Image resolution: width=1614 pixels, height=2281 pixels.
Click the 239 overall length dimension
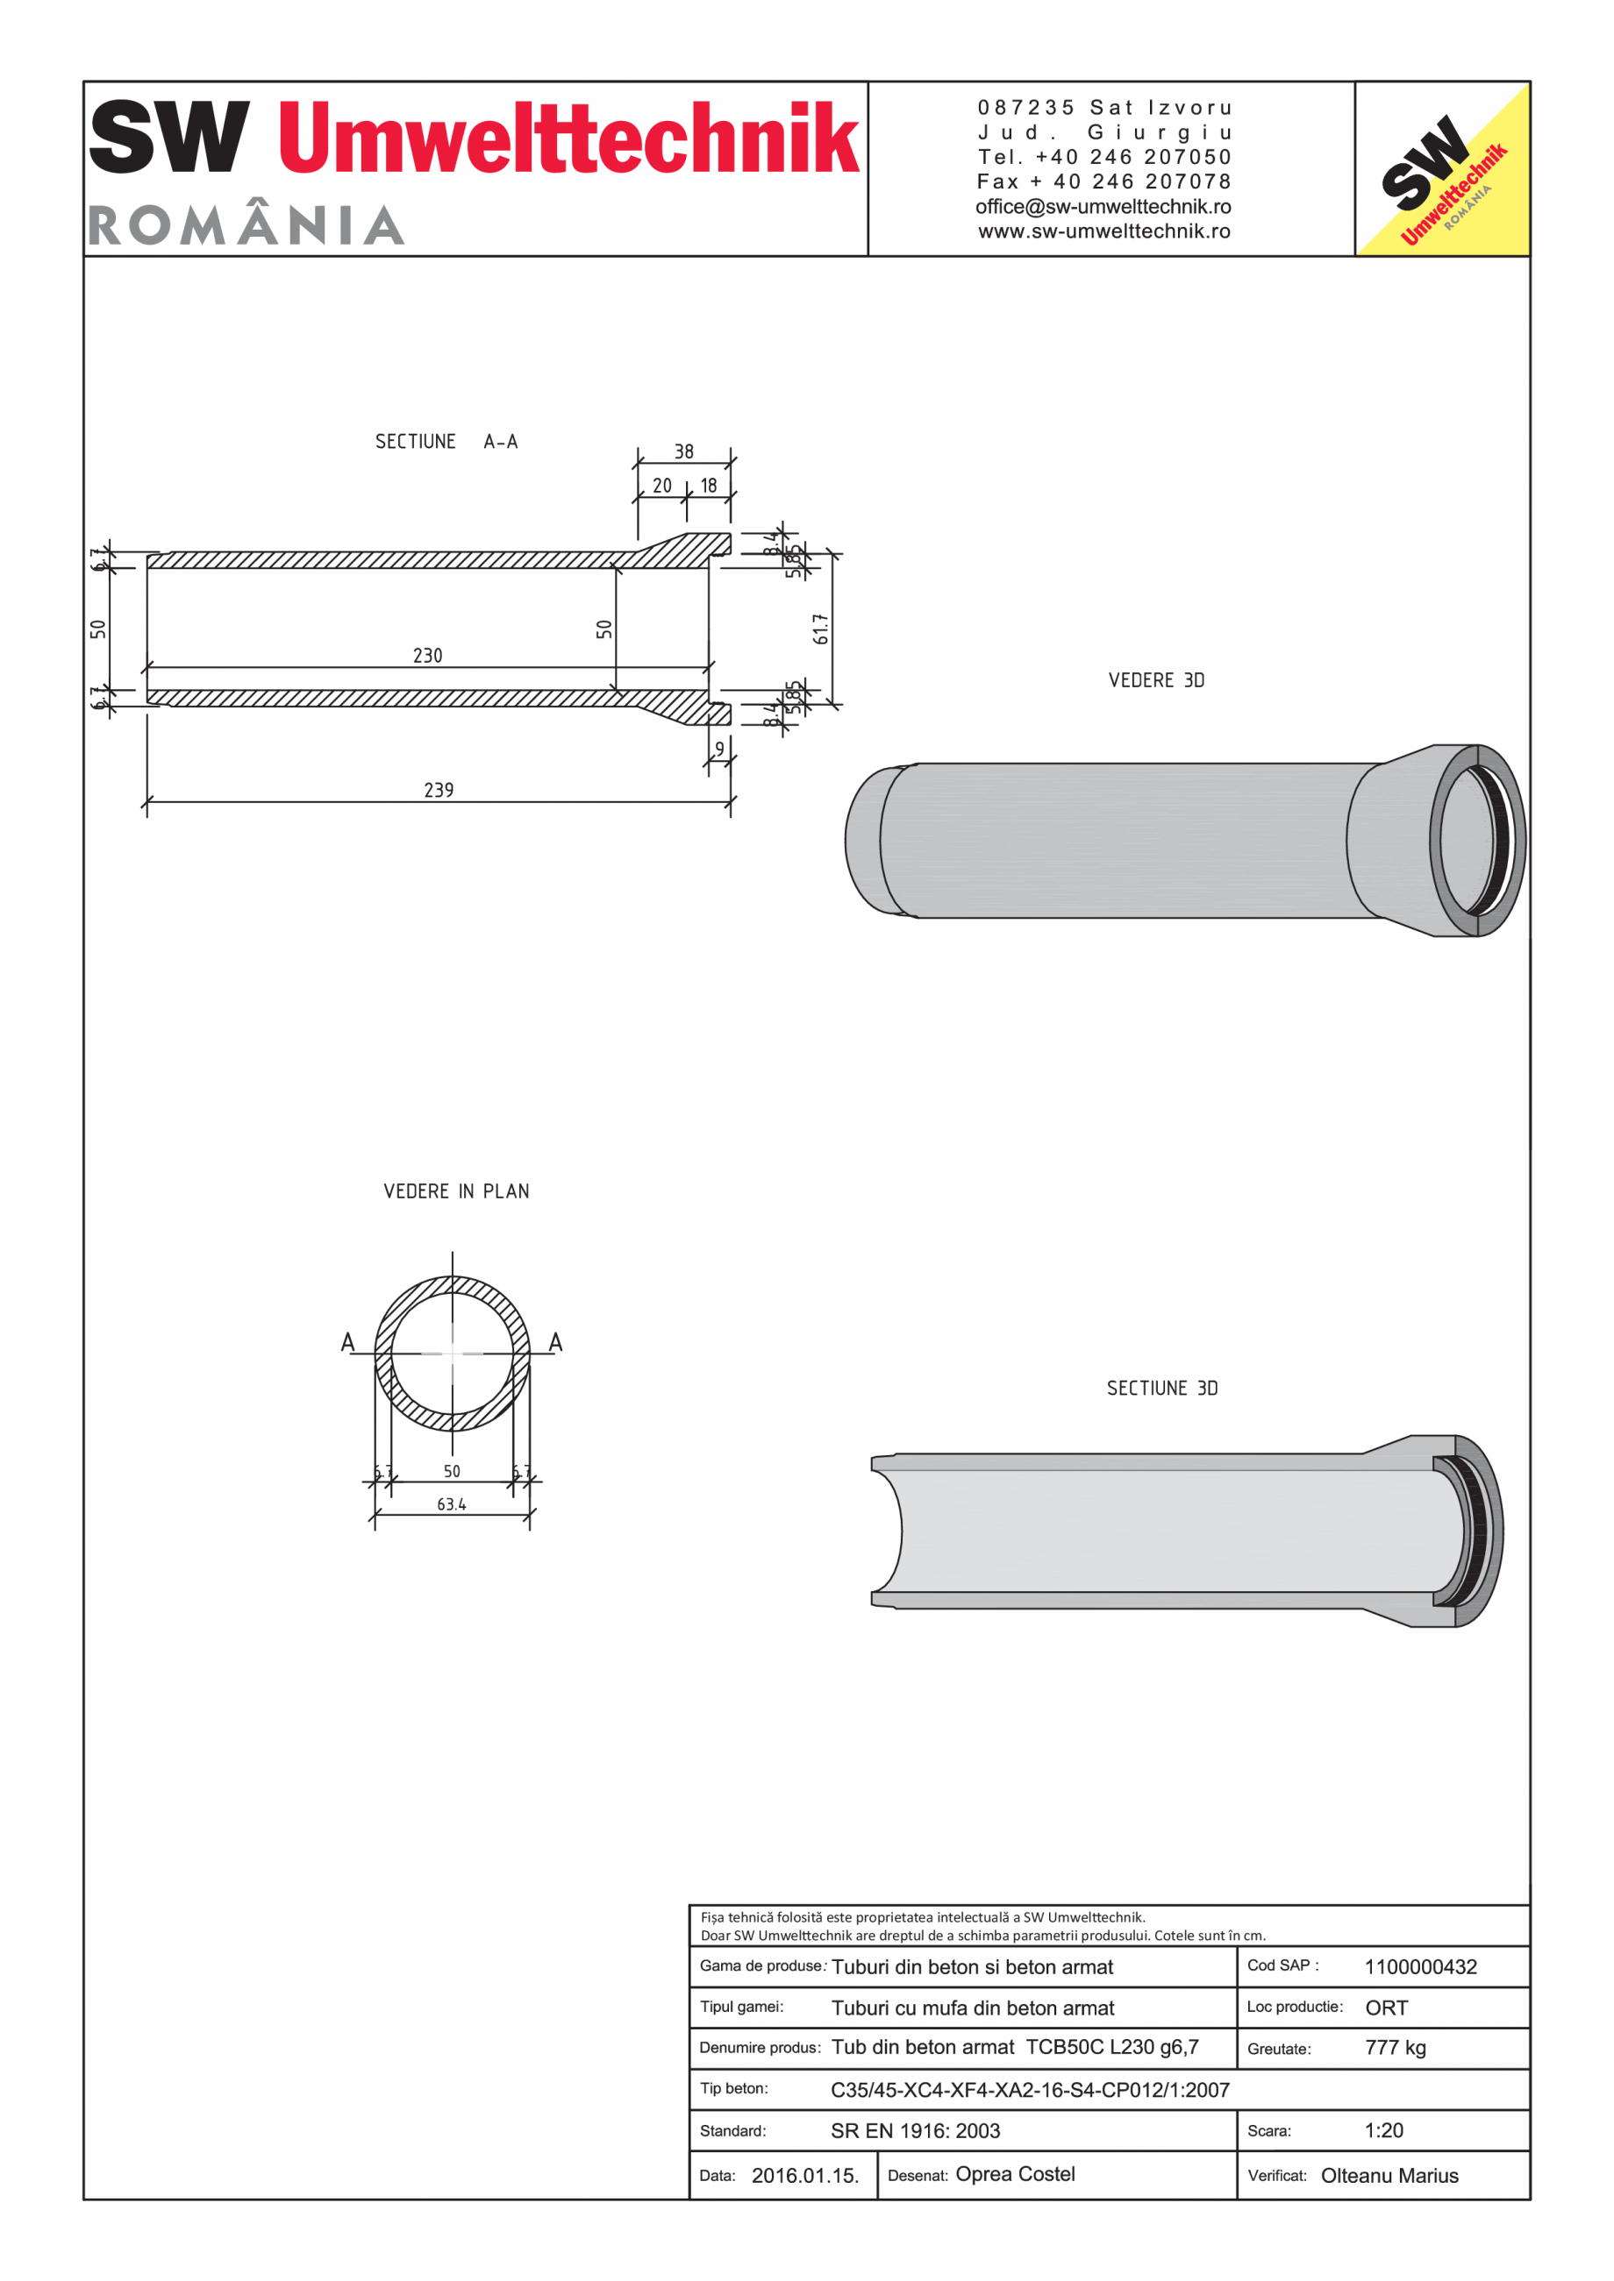439,791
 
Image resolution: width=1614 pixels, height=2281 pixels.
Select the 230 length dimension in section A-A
427,656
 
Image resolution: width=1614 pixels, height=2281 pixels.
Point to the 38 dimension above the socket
684,452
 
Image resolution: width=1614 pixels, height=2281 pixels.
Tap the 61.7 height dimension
820,629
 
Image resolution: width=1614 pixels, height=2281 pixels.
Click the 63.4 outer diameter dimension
451,1504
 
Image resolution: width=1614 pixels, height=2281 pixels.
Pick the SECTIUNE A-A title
446,442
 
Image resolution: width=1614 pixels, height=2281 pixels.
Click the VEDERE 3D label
1156,680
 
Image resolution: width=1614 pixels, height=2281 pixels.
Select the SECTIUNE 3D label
1161,1389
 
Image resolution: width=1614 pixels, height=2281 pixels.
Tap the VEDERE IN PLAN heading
456,1191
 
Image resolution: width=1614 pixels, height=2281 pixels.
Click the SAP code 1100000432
1420,1967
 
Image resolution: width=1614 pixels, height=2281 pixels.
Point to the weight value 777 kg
1396,2048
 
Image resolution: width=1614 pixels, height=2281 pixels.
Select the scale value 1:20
1383,2130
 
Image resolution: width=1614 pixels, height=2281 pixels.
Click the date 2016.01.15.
805,2176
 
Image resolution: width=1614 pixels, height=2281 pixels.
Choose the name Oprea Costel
1015,2174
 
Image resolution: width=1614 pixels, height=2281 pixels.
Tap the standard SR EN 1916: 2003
915,2131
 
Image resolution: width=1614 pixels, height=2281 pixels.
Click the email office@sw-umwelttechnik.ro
1103,207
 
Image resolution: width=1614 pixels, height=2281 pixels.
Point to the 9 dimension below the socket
719,749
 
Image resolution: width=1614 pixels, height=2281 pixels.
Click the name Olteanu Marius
1389,2176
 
